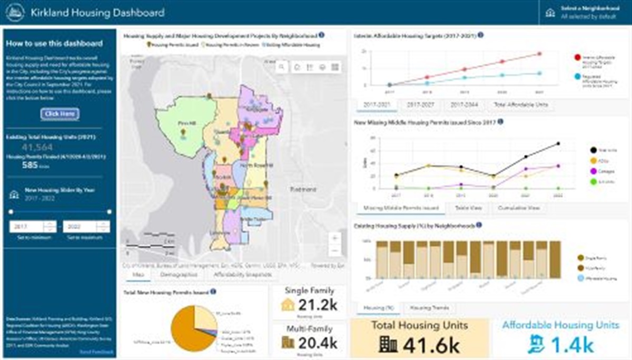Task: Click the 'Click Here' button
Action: pos(60,114)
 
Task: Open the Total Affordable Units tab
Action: pos(520,105)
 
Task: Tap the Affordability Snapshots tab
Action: pos(243,274)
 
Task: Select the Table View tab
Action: pos(468,208)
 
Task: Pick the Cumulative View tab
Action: pos(519,208)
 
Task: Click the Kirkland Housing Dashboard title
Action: pos(97,13)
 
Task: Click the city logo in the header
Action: pos(15,13)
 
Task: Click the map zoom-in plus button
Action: pos(334,238)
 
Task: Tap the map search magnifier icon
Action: pos(282,67)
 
